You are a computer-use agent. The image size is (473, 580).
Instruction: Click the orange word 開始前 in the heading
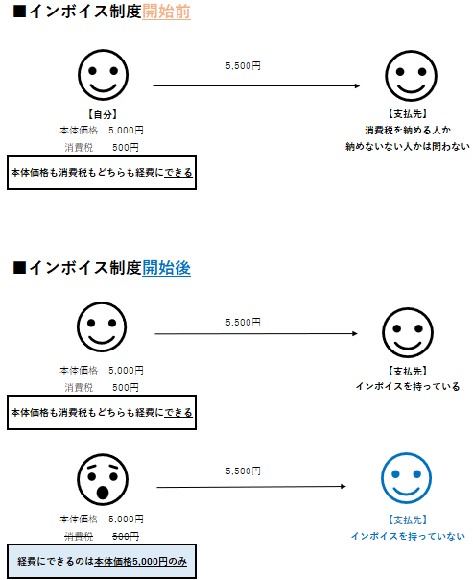coord(166,12)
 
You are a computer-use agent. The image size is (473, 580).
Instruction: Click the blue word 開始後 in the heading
coord(166,268)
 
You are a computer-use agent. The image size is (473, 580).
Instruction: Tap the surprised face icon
coord(103,479)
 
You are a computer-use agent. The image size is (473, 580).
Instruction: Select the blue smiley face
coord(406,478)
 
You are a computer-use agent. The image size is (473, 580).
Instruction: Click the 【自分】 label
coord(103,114)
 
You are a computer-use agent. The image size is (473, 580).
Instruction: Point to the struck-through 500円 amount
coord(126,536)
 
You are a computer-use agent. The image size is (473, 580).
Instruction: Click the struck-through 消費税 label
coord(79,536)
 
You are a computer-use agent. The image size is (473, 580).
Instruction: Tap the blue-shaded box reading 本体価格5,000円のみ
coord(102,561)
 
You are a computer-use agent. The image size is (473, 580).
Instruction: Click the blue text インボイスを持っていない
coord(408,536)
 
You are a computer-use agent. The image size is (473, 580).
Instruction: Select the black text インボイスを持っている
coord(408,387)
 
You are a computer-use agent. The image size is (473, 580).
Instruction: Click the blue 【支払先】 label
coord(408,520)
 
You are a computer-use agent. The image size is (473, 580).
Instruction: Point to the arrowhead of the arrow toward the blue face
coord(344,486)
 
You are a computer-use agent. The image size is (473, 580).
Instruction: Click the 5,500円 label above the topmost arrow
coord(243,66)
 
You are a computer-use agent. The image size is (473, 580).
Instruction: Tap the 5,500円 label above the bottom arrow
coord(243,471)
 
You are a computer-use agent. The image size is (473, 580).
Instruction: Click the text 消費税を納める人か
coord(408,131)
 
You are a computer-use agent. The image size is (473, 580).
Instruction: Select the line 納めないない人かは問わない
coord(408,147)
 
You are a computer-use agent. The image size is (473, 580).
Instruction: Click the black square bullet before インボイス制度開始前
coord(19,12)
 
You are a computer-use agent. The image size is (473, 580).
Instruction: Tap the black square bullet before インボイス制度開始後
coord(19,268)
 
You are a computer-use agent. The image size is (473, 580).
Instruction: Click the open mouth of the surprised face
coord(103,493)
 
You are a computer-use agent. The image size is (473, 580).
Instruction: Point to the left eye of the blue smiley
coord(395,473)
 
